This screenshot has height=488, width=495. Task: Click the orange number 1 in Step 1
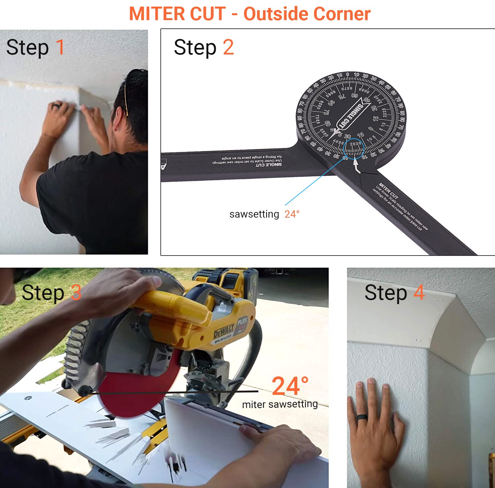click(x=60, y=47)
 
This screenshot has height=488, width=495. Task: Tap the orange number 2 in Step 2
click(x=228, y=47)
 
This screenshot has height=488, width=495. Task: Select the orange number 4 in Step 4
click(x=419, y=293)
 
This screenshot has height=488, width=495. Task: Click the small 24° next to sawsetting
click(x=292, y=214)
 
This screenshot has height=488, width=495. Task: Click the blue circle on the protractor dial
click(x=354, y=149)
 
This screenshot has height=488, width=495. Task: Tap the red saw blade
click(x=132, y=393)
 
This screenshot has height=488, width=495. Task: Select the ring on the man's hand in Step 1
click(x=56, y=106)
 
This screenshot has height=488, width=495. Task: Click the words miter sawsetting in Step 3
click(x=280, y=404)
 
